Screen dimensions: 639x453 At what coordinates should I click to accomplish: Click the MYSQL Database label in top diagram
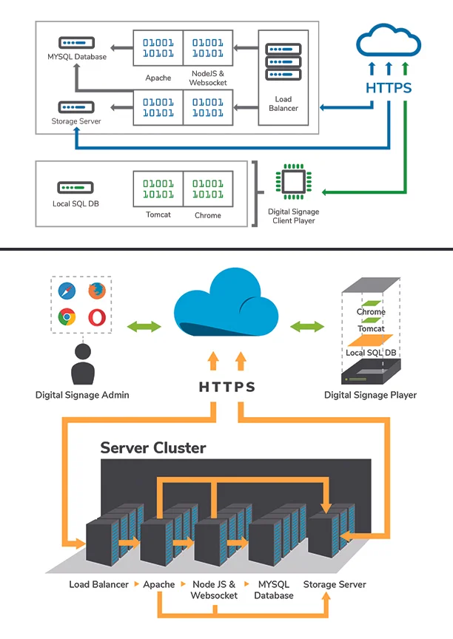pos(76,57)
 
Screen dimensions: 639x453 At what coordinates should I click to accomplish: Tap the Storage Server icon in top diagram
pos(75,106)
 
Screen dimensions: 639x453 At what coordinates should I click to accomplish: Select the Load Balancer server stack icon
pos(282,64)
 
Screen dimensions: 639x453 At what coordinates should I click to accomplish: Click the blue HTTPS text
pos(389,88)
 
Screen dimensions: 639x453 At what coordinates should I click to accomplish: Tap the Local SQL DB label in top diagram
pos(75,203)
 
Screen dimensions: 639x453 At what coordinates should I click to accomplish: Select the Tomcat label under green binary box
pos(158,215)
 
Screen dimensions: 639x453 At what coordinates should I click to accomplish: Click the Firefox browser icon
pos(96,291)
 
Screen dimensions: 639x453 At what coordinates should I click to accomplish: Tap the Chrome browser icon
pos(67,318)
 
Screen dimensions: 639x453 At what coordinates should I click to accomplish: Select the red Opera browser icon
pos(96,318)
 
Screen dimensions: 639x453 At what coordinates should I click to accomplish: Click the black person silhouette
pos(82,362)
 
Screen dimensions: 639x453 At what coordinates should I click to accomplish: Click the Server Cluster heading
pos(153,447)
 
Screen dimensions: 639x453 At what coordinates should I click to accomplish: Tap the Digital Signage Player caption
pos(370,395)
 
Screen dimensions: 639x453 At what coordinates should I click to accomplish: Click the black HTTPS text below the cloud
pos(227,387)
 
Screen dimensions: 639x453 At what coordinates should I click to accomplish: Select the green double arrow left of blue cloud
pos(144,326)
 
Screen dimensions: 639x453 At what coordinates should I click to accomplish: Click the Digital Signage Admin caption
pos(82,395)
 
